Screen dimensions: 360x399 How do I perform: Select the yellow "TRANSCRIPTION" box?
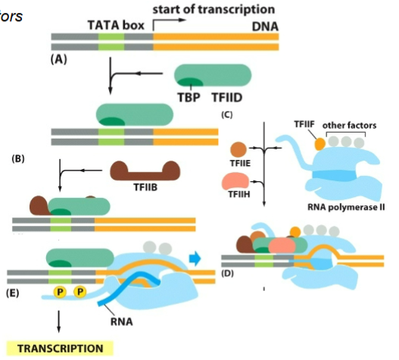[60, 349]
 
